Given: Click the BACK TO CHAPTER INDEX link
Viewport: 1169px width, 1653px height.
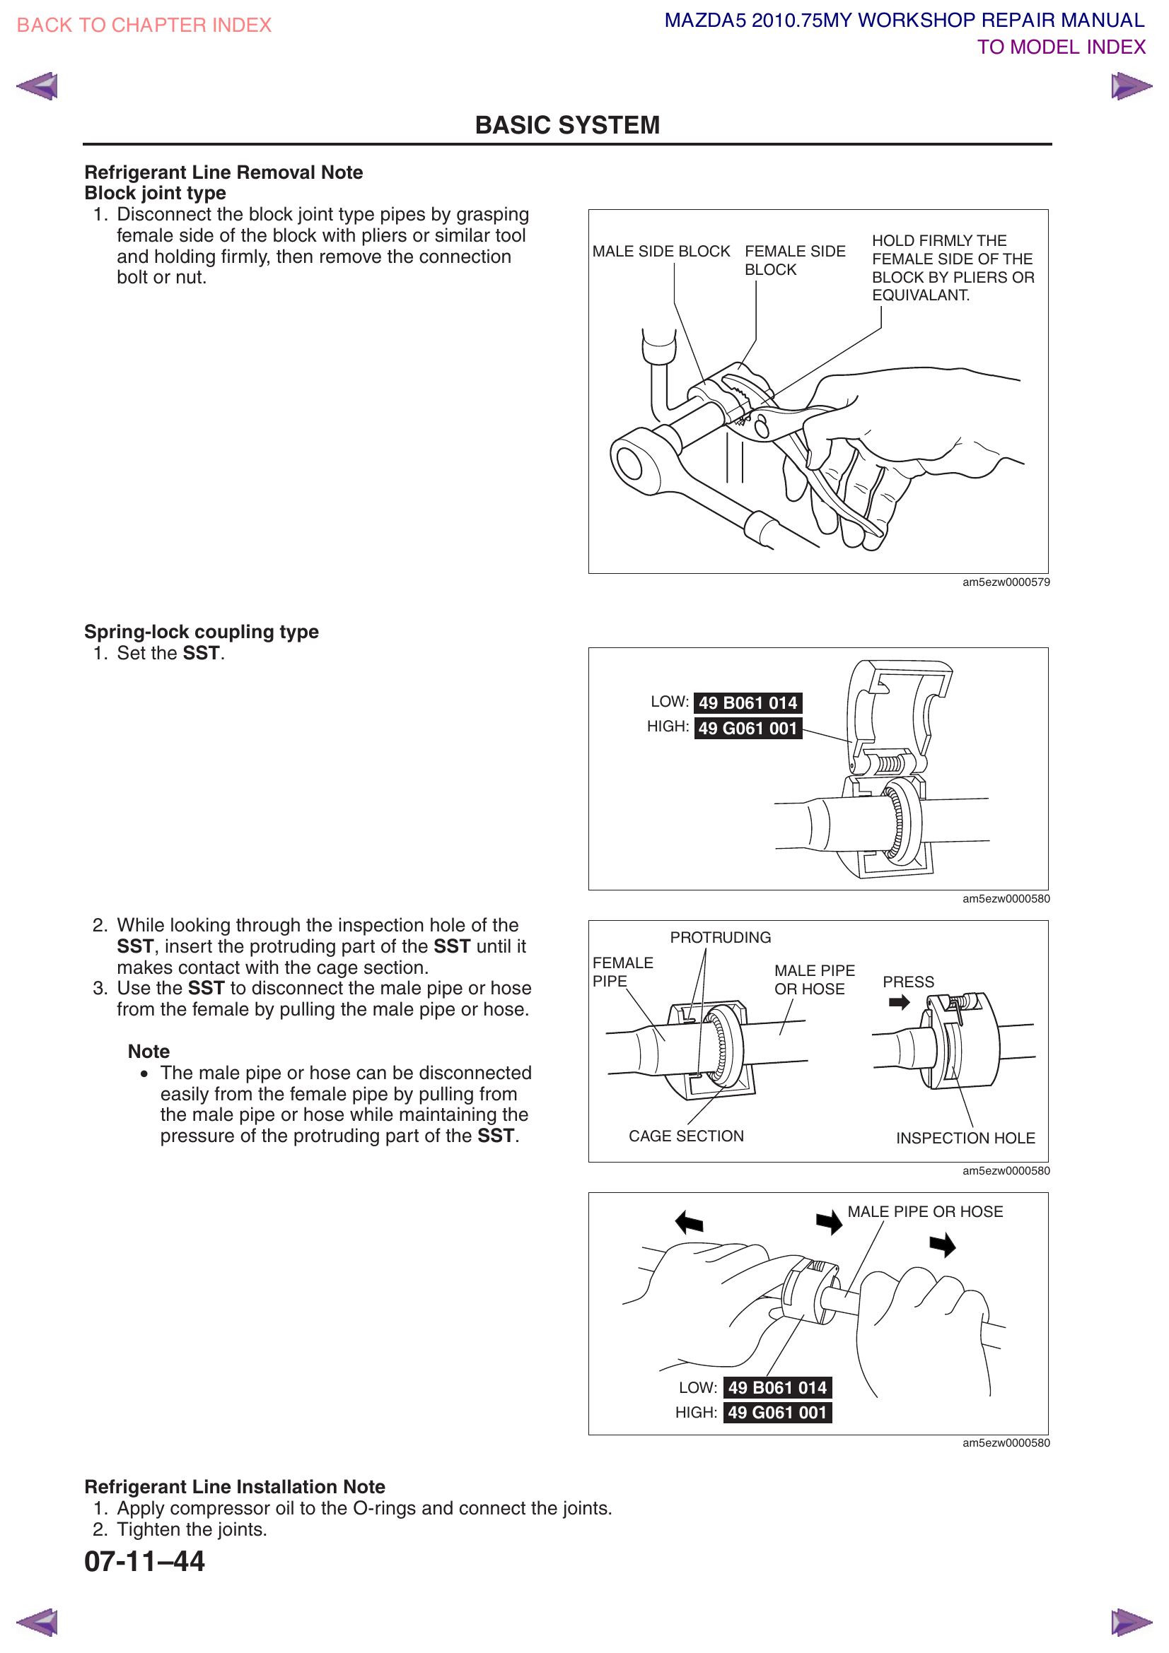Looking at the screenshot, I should [x=144, y=25].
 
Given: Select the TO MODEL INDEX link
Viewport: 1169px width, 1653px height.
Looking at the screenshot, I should [x=1060, y=47].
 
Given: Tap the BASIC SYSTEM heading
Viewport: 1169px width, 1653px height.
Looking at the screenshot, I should [x=567, y=125].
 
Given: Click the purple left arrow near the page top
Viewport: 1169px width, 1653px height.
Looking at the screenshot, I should [x=37, y=86].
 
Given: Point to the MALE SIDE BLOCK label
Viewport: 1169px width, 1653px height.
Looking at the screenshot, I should [x=661, y=252].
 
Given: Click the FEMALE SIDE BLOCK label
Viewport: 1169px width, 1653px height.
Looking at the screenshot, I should [x=793, y=260].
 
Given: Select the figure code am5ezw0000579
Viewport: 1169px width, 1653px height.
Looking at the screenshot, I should [x=1006, y=582].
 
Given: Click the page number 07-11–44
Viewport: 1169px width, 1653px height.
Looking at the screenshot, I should [x=145, y=1561].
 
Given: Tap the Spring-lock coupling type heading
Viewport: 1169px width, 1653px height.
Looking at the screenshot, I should [x=201, y=631].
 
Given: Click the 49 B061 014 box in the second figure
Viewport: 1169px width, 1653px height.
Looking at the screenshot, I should [x=748, y=702].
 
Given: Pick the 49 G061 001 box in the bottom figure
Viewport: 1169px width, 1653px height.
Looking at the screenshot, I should [x=777, y=1413].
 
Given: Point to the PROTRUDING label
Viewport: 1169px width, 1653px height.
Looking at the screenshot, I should [x=719, y=937].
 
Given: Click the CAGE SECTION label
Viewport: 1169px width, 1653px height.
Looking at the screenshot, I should [x=686, y=1136].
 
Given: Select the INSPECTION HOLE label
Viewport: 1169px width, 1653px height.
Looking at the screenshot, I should [x=965, y=1139].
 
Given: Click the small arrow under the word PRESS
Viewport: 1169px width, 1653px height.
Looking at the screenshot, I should [x=899, y=1002].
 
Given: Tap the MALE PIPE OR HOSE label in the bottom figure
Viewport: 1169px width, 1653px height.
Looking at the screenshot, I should [x=925, y=1212].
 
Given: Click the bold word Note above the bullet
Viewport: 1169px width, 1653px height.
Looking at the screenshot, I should [x=149, y=1051].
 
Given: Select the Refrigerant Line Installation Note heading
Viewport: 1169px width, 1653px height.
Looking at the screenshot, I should [x=235, y=1487].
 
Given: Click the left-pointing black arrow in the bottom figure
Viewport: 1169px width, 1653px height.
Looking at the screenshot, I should [x=690, y=1222].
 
